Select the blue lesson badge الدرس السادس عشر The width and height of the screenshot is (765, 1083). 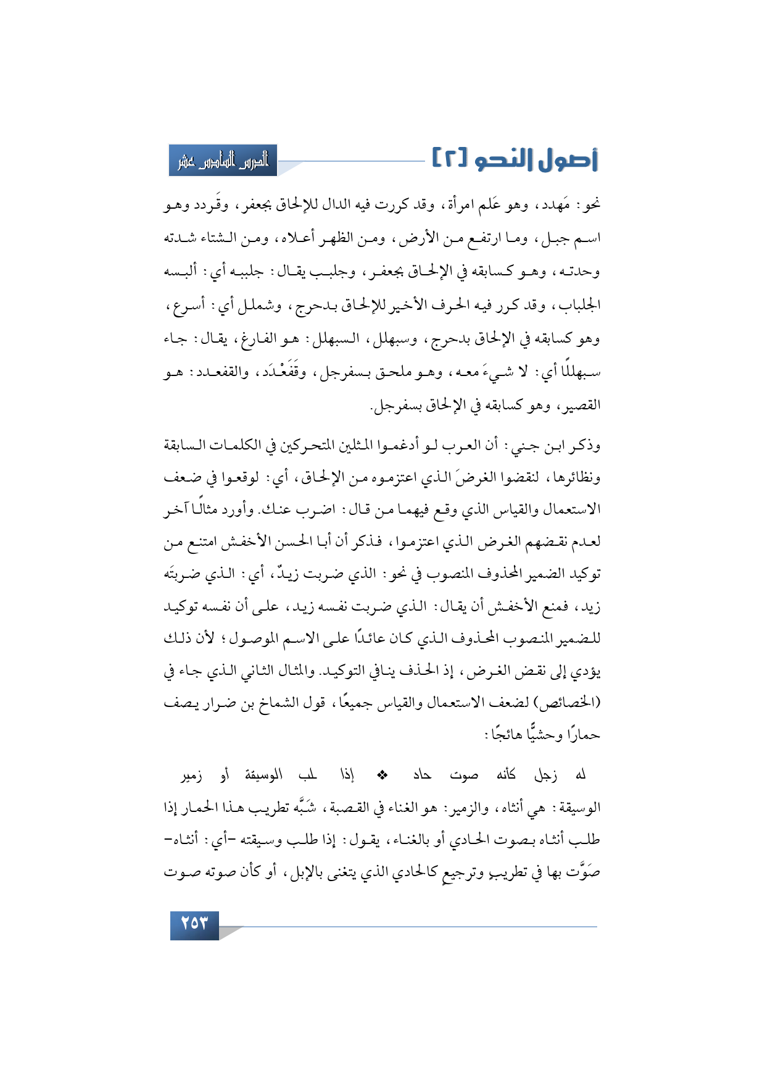[223, 161]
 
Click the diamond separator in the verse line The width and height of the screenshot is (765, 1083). [381, 774]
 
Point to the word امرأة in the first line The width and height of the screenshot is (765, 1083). [455, 205]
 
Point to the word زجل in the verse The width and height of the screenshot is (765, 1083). [545, 775]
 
